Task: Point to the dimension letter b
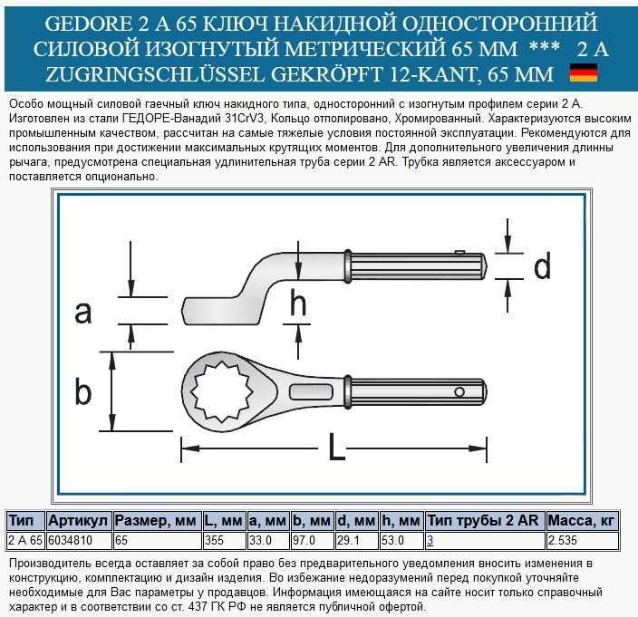pos(83,391)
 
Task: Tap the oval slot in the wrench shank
pos(310,390)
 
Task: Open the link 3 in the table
pos(430,540)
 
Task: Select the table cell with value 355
pos(215,540)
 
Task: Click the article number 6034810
pos(68,540)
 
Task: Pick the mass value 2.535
pos(563,540)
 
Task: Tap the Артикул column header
pos(79,521)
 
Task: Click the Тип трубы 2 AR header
pos(484,521)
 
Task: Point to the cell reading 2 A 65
pos(24,540)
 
